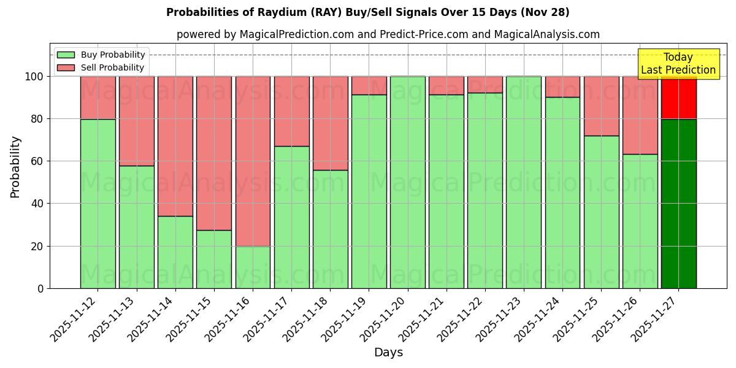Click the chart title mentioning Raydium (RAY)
pos(367,12)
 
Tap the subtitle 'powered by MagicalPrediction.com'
pos(388,34)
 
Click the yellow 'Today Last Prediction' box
pos(678,64)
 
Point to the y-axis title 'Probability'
pos(15,167)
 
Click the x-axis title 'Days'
pos(388,352)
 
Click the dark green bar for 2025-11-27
pos(678,204)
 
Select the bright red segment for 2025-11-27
pos(678,98)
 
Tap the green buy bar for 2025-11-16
pos(253,267)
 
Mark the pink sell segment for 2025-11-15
pos(214,153)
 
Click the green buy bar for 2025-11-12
pos(98,204)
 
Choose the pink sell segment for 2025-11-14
pos(175,146)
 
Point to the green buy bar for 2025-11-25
pos(601,212)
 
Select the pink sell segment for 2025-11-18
pos(330,123)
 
